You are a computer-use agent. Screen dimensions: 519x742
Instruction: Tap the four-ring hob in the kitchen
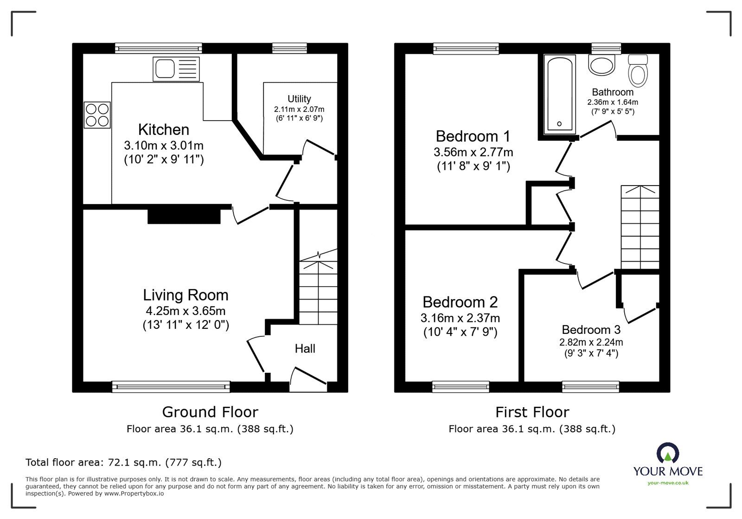point(97,115)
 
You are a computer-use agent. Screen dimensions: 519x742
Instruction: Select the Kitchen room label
point(164,129)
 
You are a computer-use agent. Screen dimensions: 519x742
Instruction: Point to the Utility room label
point(299,99)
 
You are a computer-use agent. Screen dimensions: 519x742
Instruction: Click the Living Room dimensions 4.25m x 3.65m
point(185,311)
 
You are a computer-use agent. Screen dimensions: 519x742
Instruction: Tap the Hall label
point(305,349)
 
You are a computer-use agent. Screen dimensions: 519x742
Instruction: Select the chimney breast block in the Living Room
point(184,217)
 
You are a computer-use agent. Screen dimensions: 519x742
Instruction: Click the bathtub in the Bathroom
point(559,93)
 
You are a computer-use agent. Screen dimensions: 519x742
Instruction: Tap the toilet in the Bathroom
point(638,71)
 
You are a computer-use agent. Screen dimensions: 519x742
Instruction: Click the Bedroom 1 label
point(473,136)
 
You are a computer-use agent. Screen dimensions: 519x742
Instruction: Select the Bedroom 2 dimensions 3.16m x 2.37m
point(460,318)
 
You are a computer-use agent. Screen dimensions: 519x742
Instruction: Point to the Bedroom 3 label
point(591,330)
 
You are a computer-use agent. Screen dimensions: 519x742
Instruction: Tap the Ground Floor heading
point(210,412)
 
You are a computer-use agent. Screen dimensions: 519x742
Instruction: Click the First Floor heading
point(532,412)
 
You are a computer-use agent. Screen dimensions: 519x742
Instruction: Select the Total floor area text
point(123,462)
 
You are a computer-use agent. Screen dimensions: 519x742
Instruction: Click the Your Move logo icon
point(668,453)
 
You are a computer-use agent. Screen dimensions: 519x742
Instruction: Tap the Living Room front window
point(171,386)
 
